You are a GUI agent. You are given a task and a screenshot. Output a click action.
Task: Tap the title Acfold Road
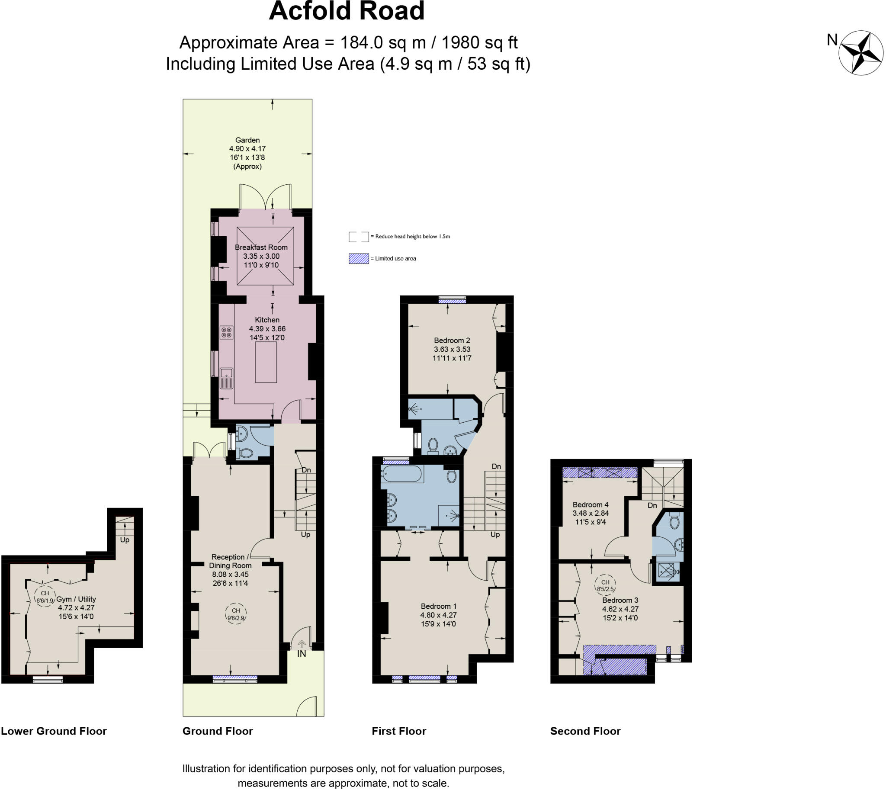[347, 11]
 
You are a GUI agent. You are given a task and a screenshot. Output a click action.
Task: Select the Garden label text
[247, 140]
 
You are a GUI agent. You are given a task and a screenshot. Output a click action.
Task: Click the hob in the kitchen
[227, 333]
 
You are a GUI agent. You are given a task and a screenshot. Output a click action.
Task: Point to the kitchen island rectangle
[266, 362]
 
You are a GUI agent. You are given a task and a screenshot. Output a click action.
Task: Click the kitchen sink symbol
[226, 377]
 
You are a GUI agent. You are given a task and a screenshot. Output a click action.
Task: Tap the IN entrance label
[301, 654]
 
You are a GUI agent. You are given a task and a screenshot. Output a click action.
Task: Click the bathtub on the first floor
[401, 474]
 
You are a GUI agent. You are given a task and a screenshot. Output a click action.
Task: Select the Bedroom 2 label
[452, 340]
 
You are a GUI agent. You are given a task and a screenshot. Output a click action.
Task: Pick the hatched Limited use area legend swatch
[359, 259]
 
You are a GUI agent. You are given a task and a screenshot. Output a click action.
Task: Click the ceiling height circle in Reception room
[236, 614]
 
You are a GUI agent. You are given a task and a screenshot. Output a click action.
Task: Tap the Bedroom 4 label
[591, 504]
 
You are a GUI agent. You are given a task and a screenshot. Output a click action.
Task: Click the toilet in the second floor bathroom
[674, 521]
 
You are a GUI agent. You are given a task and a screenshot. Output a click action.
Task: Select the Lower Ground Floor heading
[54, 731]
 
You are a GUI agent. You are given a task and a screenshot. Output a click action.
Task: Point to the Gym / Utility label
[76, 599]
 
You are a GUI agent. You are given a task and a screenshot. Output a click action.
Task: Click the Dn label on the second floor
[652, 505]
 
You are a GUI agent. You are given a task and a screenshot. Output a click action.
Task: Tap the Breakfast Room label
[261, 247]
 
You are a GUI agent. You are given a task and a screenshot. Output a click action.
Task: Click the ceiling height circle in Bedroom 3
[605, 585]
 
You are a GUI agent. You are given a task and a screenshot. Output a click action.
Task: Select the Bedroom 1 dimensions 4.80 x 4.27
[438, 615]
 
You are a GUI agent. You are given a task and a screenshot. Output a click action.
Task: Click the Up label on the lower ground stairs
[125, 540]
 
